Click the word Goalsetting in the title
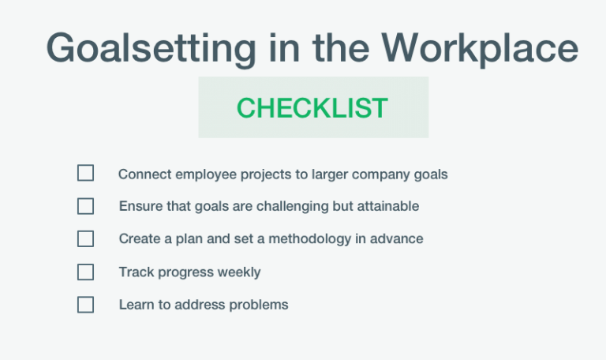[x=151, y=49]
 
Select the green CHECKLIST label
[x=312, y=108]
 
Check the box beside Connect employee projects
[x=85, y=174]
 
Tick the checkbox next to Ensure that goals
[x=85, y=206]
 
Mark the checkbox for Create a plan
[x=85, y=238]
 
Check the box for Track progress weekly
[x=85, y=272]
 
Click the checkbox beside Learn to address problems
[x=85, y=305]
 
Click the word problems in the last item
[x=259, y=305]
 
